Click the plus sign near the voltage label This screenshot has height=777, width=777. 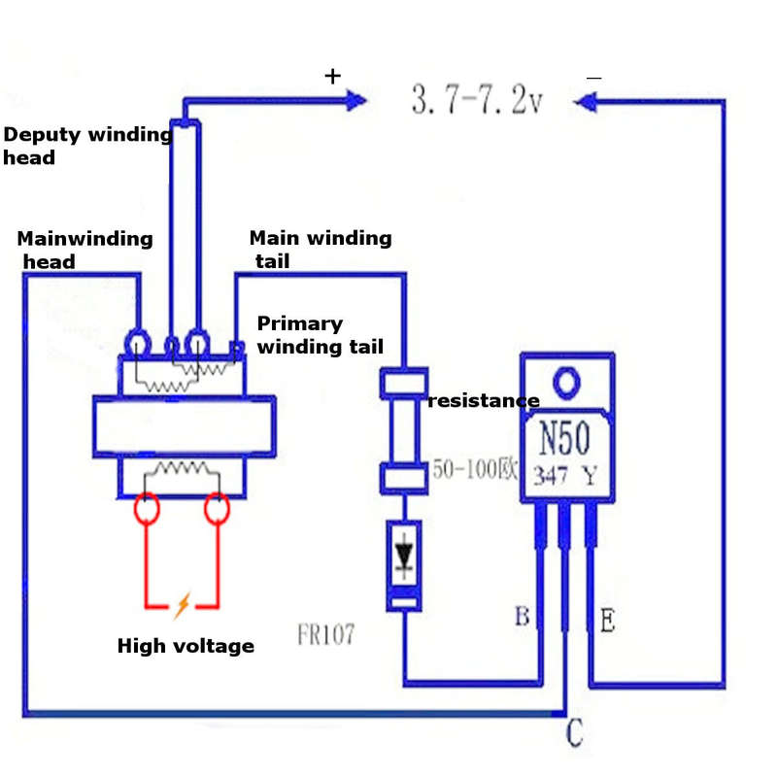pyautogui.click(x=333, y=77)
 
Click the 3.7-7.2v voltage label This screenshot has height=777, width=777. pyautogui.click(x=477, y=100)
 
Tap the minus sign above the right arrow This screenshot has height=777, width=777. pyautogui.click(x=593, y=78)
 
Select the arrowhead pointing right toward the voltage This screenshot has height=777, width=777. pyautogui.click(x=356, y=101)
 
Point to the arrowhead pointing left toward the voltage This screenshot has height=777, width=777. pyautogui.click(x=585, y=103)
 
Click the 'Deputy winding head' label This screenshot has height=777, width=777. pyautogui.click(x=88, y=146)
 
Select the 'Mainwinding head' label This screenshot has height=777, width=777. pyautogui.click(x=84, y=250)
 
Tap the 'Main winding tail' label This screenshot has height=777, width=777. pyautogui.click(x=321, y=250)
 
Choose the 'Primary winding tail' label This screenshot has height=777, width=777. pyautogui.click(x=321, y=335)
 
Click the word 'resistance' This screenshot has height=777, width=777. pyautogui.click(x=484, y=400)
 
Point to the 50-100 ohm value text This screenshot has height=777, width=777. pyautogui.click(x=475, y=469)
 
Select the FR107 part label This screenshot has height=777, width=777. pyautogui.click(x=326, y=634)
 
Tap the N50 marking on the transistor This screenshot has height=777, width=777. pyautogui.click(x=564, y=438)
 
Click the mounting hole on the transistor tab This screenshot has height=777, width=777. pyautogui.click(x=566, y=383)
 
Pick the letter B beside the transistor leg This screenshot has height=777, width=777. pyautogui.click(x=523, y=617)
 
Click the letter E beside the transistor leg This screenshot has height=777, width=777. pyautogui.click(x=608, y=620)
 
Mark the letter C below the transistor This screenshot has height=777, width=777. pyautogui.click(x=575, y=732)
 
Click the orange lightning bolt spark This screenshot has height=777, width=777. pyautogui.click(x=183, y=605)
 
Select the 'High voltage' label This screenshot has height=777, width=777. pyautogui.click(x=186, y=646)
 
